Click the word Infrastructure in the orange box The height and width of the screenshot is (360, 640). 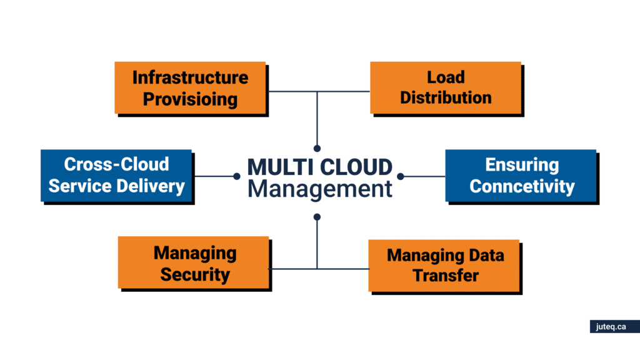[x=190, y=77]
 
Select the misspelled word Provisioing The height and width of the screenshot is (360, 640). [x=190, y=99]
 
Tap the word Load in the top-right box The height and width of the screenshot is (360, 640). [x=446, y=77]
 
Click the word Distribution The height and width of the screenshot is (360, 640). [x=446, y=97]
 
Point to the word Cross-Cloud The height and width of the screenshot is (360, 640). [x=117, y=164]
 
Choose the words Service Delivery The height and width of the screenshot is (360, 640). [x=117, y=186]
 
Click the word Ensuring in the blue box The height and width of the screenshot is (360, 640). [x=522, y=165]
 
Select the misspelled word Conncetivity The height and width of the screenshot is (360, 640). [x=522, y=186]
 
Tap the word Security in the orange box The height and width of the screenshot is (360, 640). [x=195, y=274]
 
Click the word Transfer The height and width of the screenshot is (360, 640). [x=445, y=276]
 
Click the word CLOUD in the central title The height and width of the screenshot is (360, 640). [x=358, y=167]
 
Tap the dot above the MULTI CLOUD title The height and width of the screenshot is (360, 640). [x=317, y=148]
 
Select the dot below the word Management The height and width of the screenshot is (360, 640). [x=317, y=217]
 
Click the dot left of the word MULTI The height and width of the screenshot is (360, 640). [x=236, y=176]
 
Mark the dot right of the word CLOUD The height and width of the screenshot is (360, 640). [x=401, y=176]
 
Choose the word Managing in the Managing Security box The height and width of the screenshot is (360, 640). [x=195, y=253]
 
